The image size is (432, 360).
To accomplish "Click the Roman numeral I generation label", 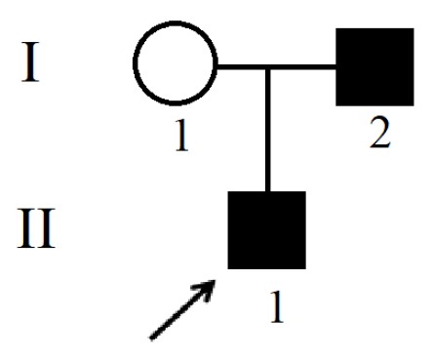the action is [x=30, y=61].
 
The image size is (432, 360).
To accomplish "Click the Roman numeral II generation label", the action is [x=36, y=228].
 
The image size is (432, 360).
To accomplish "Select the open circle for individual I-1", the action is [x=175, y=63].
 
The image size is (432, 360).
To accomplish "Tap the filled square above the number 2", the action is [x=374, y=67].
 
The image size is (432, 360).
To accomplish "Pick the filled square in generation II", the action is [x=266, y=230].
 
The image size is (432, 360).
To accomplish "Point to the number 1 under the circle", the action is [x=181, y=135].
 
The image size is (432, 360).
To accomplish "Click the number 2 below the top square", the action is [x=380, y=133].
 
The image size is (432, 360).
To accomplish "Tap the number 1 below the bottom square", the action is [x=277, y=306].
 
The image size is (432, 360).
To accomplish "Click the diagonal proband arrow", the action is [x=182, y=309].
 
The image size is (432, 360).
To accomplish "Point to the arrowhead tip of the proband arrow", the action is [x=215, y=280].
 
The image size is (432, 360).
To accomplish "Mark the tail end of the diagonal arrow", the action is [x=151, y=339].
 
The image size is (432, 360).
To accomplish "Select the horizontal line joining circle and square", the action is [x=276, y=67].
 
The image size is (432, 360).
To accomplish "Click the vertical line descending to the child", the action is [x=267, y=131].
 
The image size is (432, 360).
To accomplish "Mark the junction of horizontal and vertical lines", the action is [x=267, y=67].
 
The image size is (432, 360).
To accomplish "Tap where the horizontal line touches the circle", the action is [x=217, y=67].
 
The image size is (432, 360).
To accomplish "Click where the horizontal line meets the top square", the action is [x=335, y=67].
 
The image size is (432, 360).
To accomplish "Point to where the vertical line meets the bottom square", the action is [x=267, y=191].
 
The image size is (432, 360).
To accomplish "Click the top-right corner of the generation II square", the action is [x=305, y=191].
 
